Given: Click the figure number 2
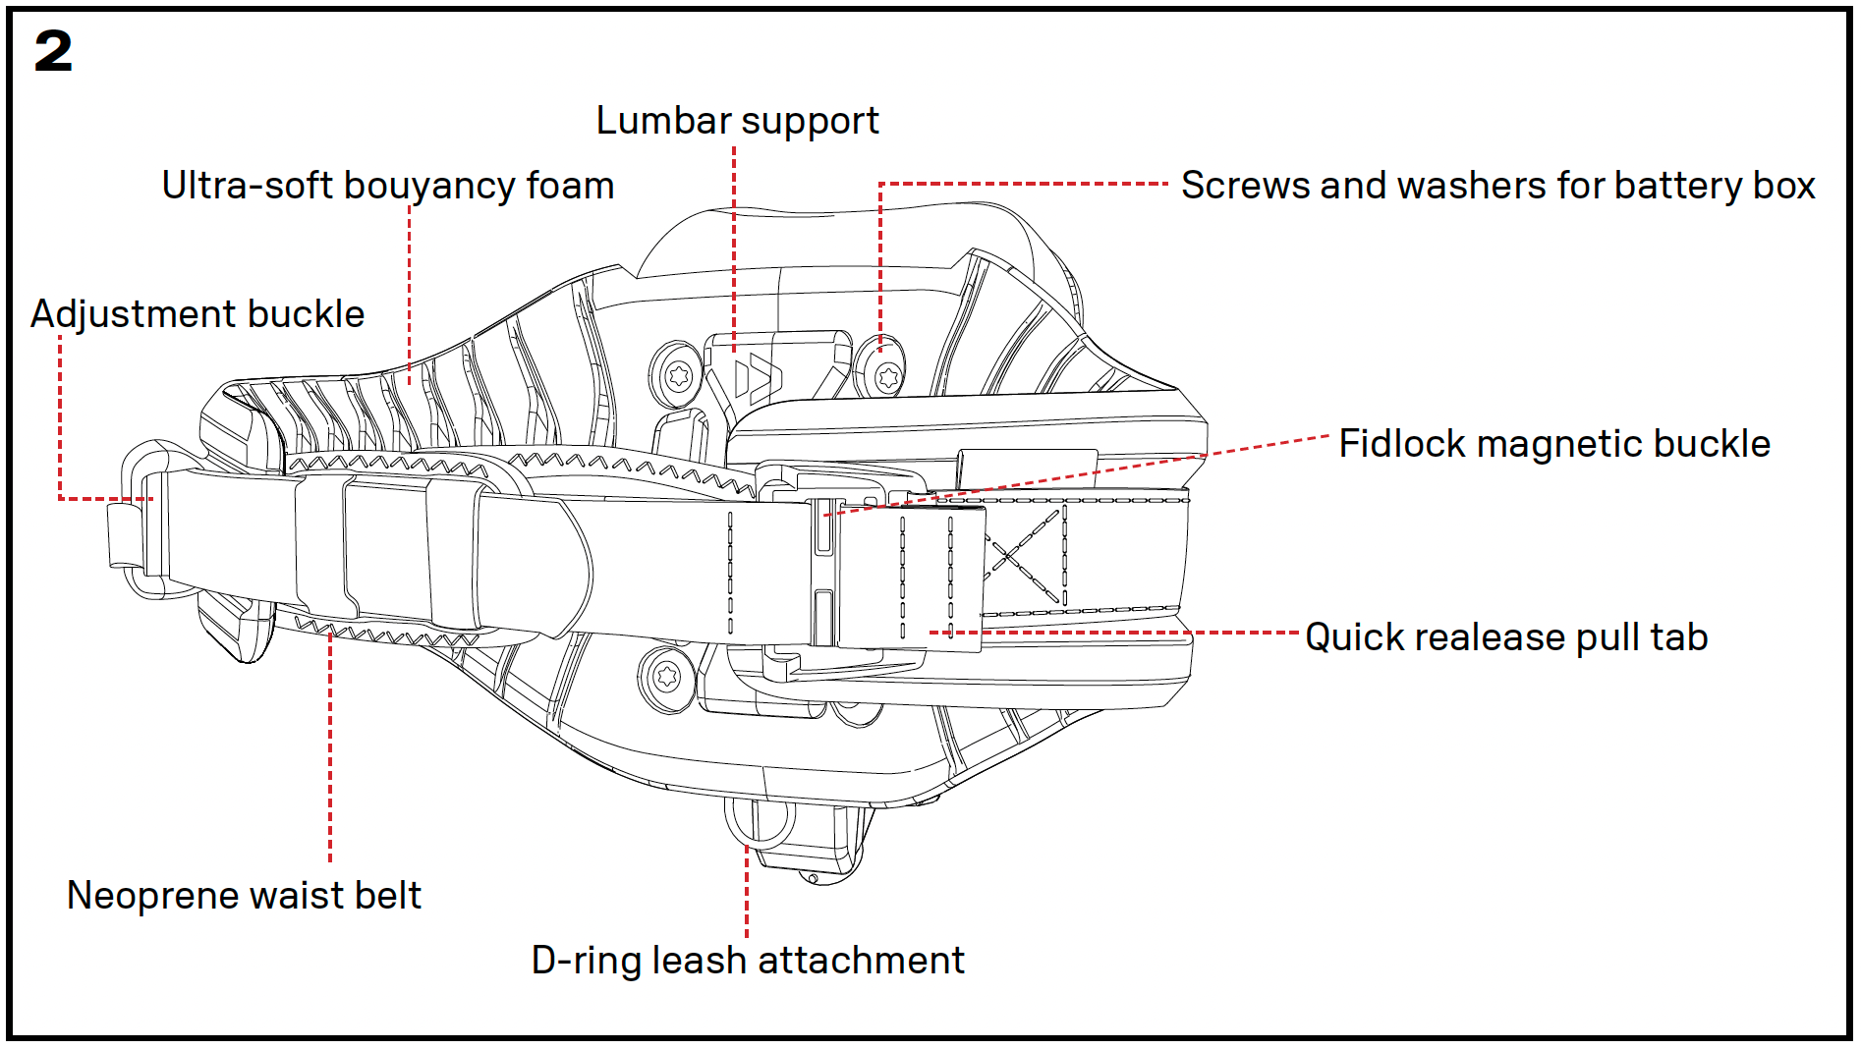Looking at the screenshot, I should pos(54,51).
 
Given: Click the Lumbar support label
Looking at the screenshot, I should pos(737,121).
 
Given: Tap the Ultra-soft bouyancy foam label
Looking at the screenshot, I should pos(388,186).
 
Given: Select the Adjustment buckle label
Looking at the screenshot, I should pos(197,314).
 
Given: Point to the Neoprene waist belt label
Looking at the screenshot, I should pos(244,896).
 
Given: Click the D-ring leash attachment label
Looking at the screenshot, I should pos(748,961).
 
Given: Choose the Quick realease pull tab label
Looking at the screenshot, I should pos(1506,637).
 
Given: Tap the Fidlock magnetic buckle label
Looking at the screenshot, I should pos(1554,444).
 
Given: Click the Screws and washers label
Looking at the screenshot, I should pos(1497,186).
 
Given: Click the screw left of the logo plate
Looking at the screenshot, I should pos(678,375).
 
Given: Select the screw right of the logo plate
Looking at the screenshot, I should pos(888,377).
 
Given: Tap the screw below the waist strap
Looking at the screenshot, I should pos(667,676).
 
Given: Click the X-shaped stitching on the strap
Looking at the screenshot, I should pos(1024,555).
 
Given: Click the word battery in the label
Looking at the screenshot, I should pos(1677,186).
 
